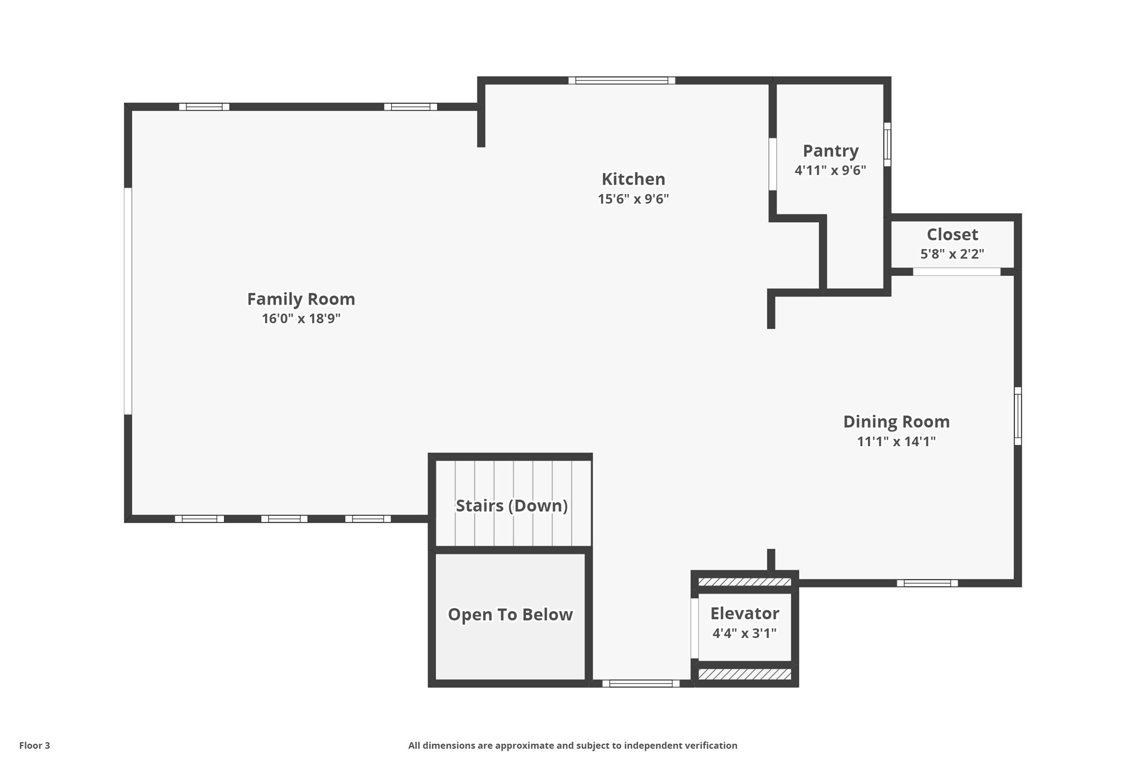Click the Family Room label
[x=301, y=299]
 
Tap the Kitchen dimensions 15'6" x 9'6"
[x=633, y=199]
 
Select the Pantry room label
[x=830, y=151]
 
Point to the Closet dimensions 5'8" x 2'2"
[x=952, y=254]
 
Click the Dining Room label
[x=896, y=421]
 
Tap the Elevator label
[x=744, y=613]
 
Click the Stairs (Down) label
[x=511, y=505]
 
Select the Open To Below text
[x=510, y=615]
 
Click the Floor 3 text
[x=35, y=746]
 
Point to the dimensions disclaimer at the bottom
[x=572, y=746]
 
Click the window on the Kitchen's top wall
[x=622, y=81]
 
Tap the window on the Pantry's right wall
[x=887, y=144]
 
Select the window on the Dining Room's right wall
[x=1018, y=416]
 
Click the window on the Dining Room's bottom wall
[x=927, y=583]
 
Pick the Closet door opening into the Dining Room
[x=956, y=272]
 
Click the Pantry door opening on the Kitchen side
[x=772, y=164]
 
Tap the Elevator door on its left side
[x=694, y=629]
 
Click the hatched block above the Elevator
[x=745, y=582]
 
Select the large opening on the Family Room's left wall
[x=128, y=301]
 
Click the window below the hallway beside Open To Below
[x=641, y=683]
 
